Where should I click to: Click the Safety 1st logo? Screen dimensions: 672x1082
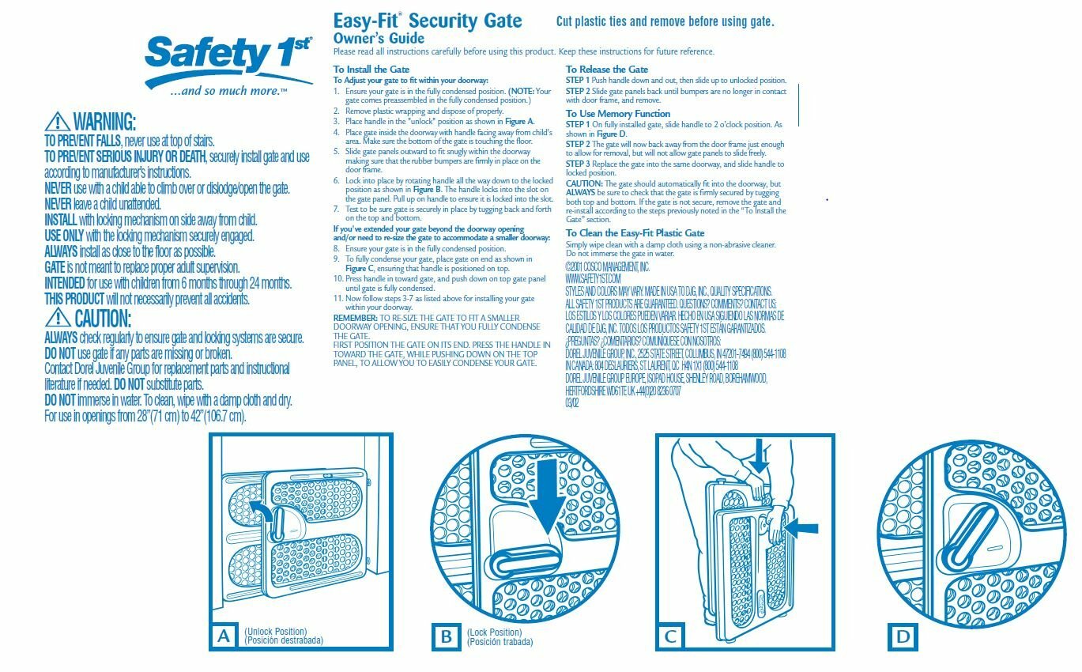click(228, 63)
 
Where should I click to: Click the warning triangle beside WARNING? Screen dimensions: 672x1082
click(57, 121)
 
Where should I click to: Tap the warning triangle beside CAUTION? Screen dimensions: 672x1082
click(58, 318)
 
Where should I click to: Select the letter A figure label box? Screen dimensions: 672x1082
click(224, 636)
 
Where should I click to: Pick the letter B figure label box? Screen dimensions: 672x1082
click(447, 636)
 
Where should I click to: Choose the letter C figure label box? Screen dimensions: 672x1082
click(670, 636)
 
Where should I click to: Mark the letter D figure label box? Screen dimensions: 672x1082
click(903, 636)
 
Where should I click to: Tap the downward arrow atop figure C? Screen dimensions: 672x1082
click(759, 458)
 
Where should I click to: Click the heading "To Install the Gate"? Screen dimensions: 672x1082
click(371, 70)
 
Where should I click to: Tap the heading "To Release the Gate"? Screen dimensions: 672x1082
click(606, 70)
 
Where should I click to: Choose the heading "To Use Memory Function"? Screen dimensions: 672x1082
click(617, 114)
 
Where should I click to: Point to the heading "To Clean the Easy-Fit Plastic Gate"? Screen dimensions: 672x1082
click(635, 233)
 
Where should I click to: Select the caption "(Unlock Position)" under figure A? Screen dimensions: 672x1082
click(275, 632)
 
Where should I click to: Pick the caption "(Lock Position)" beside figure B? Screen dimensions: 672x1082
click(495, 632)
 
